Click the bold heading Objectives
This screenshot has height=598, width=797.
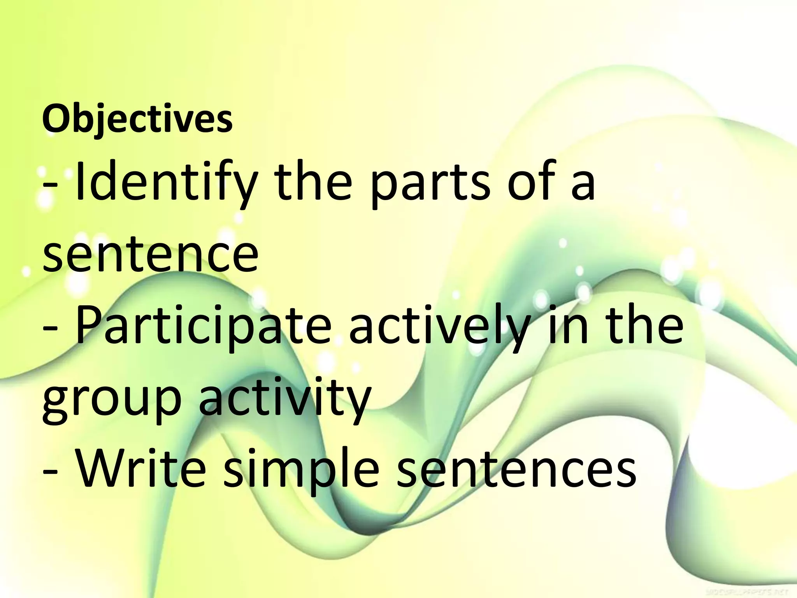click(137, 119)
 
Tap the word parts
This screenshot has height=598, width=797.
click(430, 183)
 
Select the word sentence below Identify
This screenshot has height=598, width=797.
click(150, 255)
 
